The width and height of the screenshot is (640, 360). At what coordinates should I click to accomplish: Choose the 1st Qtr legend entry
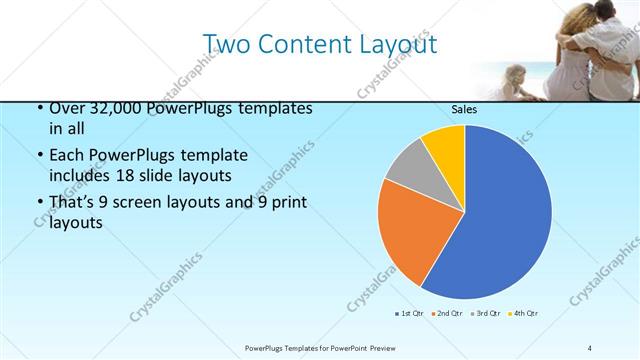pos(410,314)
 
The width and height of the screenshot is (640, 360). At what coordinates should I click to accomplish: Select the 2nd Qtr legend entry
pos(446,314)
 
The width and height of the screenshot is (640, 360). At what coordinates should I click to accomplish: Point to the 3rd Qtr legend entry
pos(485,314)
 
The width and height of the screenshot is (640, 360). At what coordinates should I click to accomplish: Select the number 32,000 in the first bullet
pos(105,108)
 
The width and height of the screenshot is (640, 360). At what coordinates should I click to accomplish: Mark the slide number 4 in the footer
pos(589,347)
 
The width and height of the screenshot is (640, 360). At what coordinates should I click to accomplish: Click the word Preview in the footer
pos(366,347)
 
